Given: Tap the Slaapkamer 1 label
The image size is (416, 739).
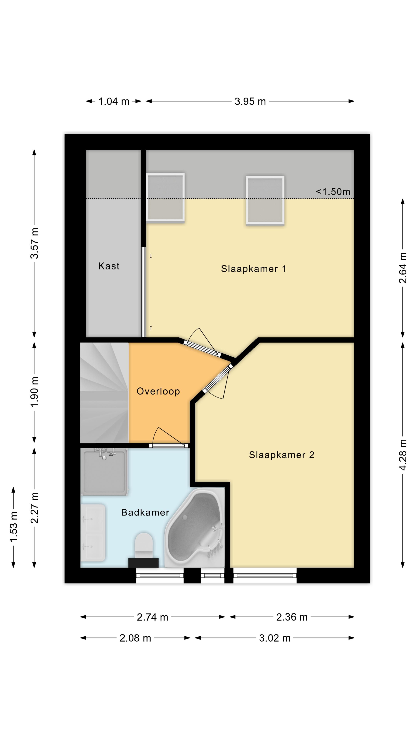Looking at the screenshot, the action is [253, 269].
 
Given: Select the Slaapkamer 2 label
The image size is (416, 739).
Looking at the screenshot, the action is [281, 455].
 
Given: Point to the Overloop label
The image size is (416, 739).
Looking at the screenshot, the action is [158, 391].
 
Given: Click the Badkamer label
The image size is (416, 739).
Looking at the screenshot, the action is [145, 512].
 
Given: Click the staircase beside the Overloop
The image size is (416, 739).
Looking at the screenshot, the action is [105, 392].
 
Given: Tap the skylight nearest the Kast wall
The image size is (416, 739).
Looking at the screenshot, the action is [165, 197].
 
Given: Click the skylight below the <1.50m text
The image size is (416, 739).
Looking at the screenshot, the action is [265, 200].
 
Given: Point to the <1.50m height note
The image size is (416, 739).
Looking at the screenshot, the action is [333, 192].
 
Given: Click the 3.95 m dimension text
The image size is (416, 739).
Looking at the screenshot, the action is [250, 101].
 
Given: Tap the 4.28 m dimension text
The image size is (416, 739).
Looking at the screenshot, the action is [403, 455].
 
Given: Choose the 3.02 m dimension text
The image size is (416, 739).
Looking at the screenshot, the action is [275, 638].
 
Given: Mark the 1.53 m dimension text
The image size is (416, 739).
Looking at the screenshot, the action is [13, 526].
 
